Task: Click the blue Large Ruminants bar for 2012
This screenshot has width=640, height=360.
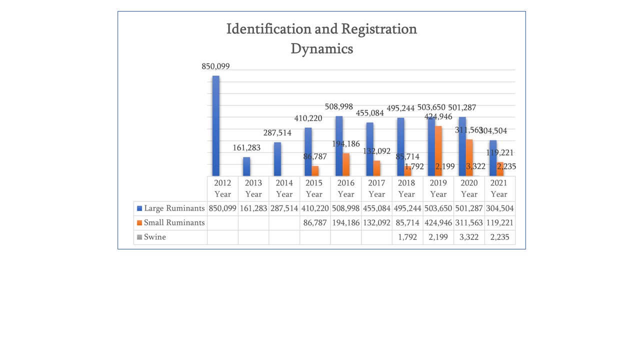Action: coord(216,125)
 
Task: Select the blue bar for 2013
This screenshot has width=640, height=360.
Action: coord(246,166)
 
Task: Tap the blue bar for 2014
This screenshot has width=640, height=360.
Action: coord(277,158)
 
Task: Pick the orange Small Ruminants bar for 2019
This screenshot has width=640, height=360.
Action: coord(438,150)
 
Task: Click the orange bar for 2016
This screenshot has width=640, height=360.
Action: coord(346,164)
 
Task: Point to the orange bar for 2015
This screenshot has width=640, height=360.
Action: coord(315,170)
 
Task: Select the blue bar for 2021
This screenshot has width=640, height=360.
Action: coord(493,157)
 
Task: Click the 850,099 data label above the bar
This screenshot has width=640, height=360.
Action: coord(215,66)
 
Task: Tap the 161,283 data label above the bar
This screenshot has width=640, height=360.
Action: coord(246,148)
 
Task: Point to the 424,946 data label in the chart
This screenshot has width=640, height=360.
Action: coord(438,117)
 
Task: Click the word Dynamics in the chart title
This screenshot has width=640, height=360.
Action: coord(321,49)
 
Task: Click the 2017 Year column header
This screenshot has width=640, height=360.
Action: coord(376,188)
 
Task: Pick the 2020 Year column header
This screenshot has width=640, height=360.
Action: coord(469,188)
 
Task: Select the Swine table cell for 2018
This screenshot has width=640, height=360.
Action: coord(407,237)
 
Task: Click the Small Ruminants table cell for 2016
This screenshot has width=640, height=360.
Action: coord(345,223)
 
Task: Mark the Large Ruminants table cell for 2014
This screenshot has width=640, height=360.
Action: coord(284,208)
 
